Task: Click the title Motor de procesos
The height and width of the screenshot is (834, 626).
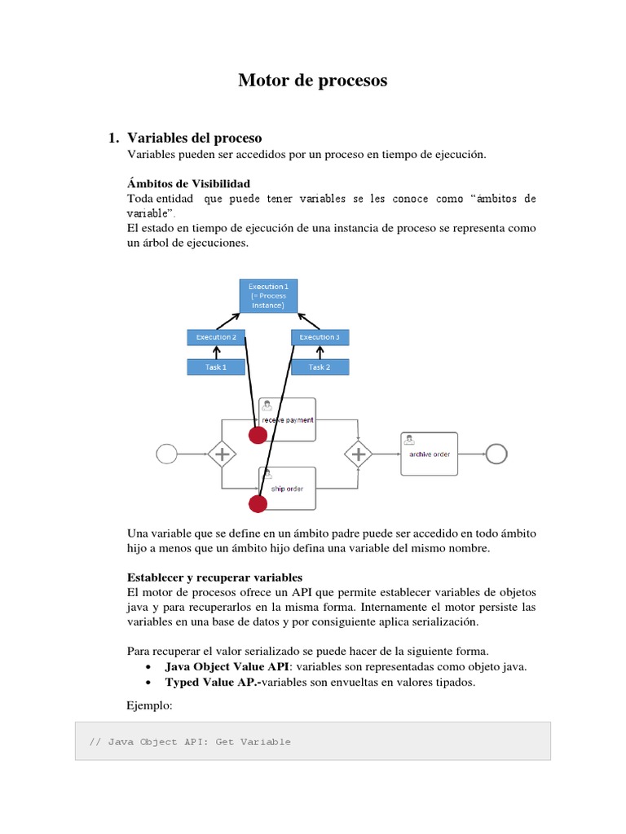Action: [x=313, y=81]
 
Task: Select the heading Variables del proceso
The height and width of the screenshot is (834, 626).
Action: [x=195, y=138]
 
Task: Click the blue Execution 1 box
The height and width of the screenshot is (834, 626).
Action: [x=269, y=296]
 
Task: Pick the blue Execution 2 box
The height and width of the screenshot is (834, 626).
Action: [x=216, y=337]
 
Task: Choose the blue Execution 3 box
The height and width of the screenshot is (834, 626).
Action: [x=320, y=337]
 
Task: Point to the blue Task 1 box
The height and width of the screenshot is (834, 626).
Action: [x=216, y=367]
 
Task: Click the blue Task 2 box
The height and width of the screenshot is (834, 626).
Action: [x=320, y=367]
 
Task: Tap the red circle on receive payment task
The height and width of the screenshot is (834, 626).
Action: [x=258, y=435]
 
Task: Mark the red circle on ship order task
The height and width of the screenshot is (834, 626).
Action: [x=258, y=504]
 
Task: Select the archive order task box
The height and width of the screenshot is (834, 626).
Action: [x=430, y=454]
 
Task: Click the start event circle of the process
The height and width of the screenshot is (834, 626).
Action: [x=166, y=454]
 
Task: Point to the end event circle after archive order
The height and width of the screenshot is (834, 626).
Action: [x=496, y=454]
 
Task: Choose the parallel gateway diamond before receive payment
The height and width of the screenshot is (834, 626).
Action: [x=222, y=454]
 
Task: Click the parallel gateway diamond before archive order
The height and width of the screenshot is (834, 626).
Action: [x=359, y=454]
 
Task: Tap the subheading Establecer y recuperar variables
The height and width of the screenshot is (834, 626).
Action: [x=215, y=577]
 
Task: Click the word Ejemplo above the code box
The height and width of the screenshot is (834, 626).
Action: [x=150, y=706]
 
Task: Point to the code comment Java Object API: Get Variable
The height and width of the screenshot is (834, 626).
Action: [x=190, y=742]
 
